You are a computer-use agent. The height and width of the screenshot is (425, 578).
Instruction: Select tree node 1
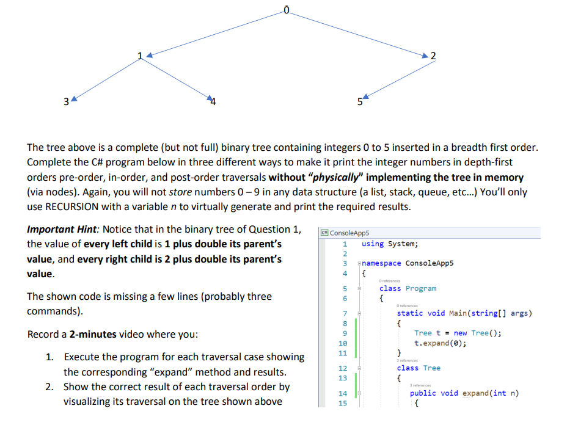141,57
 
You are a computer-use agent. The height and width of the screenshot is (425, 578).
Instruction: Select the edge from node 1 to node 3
105,78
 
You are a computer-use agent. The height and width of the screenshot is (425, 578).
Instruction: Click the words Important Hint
62,230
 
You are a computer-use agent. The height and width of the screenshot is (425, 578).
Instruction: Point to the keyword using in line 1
372,244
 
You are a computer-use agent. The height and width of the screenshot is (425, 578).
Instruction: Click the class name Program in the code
421,288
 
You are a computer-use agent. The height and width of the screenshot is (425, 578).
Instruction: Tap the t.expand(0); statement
440,343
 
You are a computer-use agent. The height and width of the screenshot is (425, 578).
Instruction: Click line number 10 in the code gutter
343,343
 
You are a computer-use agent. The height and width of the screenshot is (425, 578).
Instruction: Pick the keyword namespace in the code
381,263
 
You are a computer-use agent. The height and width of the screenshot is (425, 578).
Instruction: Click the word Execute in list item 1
81,357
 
